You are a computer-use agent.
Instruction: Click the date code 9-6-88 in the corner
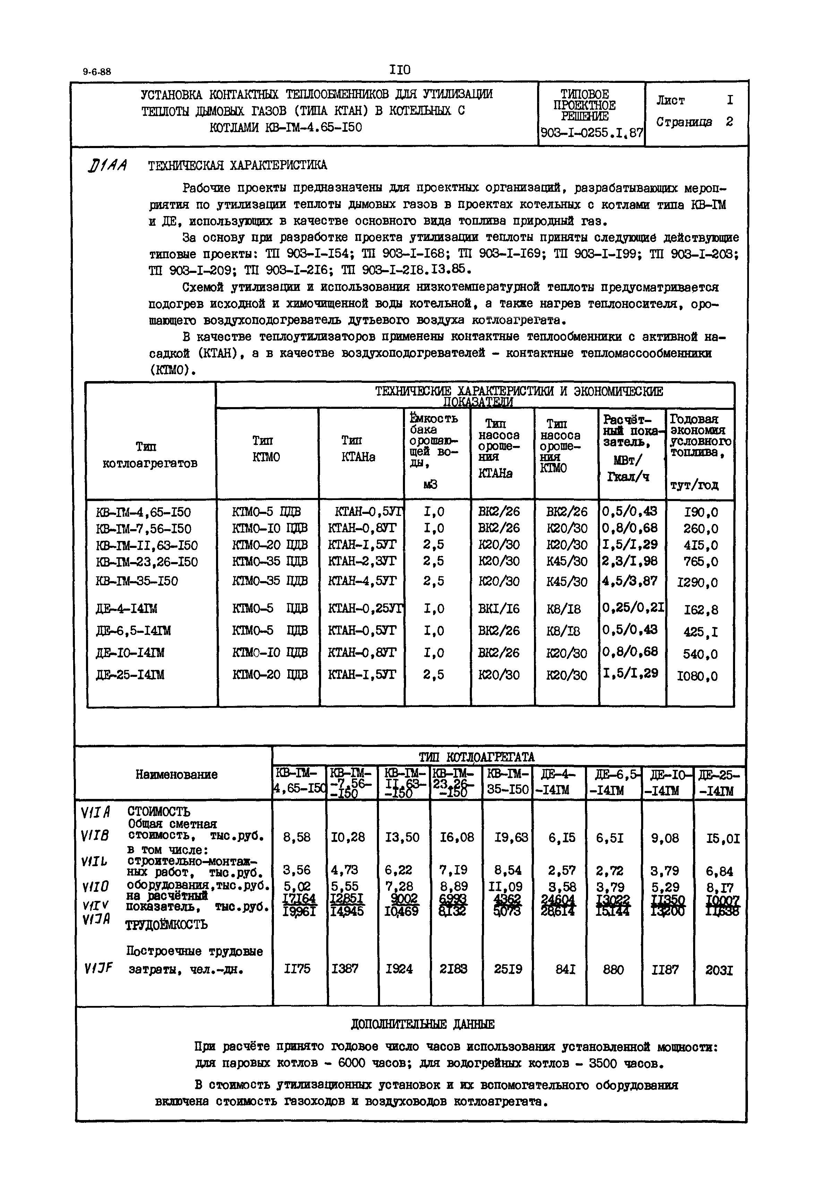pyautogui.click(x=97, y=72)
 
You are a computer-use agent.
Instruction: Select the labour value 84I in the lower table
pyautogui.click(x=565, y=970)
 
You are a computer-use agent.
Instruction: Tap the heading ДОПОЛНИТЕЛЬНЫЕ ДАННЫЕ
pyautogui.click(x=422, y=1025)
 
